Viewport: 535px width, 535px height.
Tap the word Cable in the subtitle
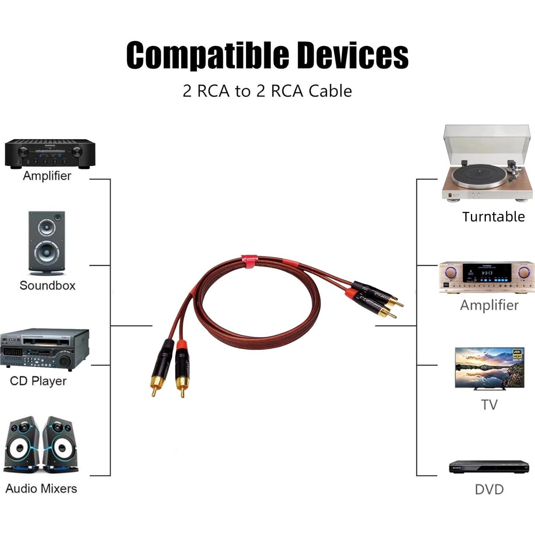pyautogui.click(x=330, y=91)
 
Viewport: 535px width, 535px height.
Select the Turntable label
pyautogui.click(x=493, y=217)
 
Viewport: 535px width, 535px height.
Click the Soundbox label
pyautogui.click(x=47, y=285)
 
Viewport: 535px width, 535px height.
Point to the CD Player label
pyautogui.click(x=38, y=381)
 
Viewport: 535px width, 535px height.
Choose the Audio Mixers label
pyautogui.click(x=41, y=488)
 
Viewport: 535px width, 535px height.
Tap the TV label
pyautogui.click(x=489, y=404)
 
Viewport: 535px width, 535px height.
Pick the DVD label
pyautogui.click(x=489, y=490)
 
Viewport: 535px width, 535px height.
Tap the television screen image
pyautogui.click(x=489, y=367)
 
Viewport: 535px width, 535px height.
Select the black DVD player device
pyautogui.click(x=489, y=467)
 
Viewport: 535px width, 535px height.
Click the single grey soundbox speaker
pyautogui.click(x=47, y=243)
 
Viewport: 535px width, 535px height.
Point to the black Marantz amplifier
pyautogui.click(x=50, y=153)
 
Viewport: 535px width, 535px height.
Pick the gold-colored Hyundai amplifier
pyautogui.click(x=487, y=278)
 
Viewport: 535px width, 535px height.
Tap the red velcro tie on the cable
pyautogui.click(x=250, y=260)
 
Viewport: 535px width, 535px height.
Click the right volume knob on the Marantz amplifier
pyautogui.click(x=77, y=151)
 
